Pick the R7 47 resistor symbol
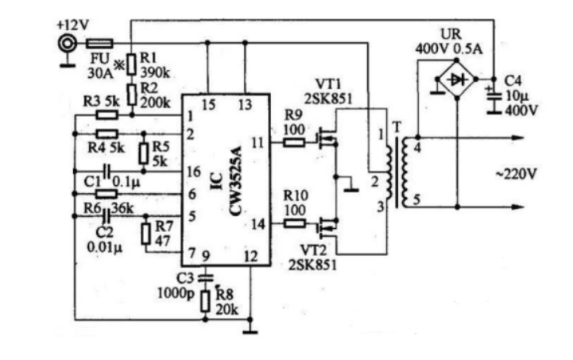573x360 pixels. coord(146,234)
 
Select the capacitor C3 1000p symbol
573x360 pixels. coord(206,277)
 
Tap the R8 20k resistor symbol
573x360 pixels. coord(206,300)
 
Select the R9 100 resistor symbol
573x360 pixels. coord(294,143)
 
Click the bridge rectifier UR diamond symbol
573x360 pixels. coord(456,81)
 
